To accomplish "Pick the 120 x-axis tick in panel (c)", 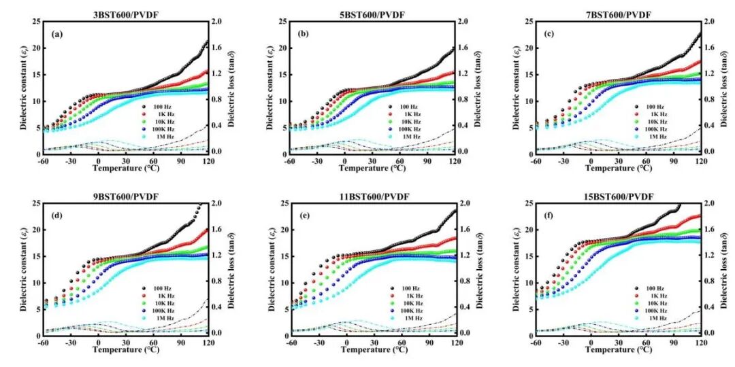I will pos(700,161).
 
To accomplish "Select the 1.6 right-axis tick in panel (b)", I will pos(464,48).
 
